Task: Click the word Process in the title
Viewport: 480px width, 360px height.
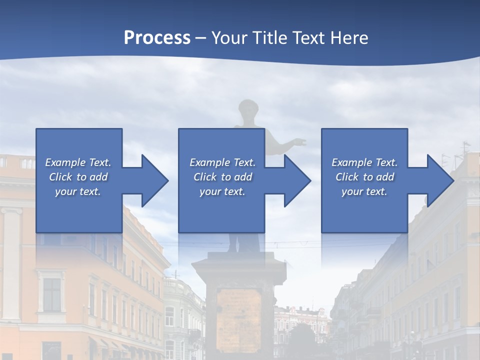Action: pos(157,38)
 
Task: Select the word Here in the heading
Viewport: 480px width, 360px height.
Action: pos(348,38)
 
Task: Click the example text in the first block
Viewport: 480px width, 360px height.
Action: pos(78,177)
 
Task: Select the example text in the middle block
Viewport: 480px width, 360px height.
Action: pos(222,177)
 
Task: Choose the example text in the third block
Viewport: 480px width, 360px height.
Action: pos(364,177)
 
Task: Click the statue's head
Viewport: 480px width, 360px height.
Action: pos(246,109)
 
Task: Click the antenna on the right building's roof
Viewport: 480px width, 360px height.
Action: pos(464,148)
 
